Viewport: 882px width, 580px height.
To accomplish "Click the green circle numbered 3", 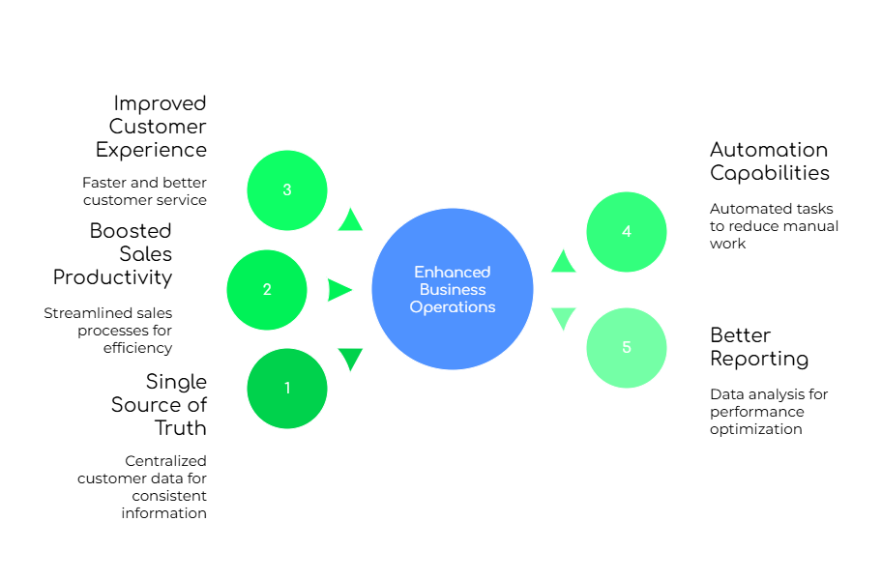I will point(287,190).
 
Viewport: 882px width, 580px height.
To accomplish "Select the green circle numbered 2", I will point(267,290).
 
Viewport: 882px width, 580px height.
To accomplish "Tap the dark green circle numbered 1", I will point(287,389).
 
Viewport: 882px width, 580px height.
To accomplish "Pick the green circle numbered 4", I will point(627,232).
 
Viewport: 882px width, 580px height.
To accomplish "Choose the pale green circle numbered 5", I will point(627,348).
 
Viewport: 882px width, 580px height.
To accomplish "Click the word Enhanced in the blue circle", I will point(453,272).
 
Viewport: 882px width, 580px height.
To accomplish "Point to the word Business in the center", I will point(453,289).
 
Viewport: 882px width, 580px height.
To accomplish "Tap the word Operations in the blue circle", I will point(453,306).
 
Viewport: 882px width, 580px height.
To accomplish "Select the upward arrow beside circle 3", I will point(350,220).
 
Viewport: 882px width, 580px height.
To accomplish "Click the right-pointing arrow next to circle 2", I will point(338,290).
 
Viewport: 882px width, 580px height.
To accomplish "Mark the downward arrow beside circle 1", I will point(350,358).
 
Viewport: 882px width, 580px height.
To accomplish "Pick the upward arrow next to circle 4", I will point(563,262).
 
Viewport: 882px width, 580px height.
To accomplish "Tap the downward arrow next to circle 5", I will point(563,318).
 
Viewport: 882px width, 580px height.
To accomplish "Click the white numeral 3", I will point(287,189).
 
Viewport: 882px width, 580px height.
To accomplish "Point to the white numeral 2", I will point(267,290).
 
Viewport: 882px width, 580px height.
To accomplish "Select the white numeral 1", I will point(287,389).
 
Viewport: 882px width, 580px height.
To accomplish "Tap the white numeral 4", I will point(627,232).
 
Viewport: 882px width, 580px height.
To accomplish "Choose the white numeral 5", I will point(627,348).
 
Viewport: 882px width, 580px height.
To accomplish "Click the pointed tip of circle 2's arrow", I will point(354,290).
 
